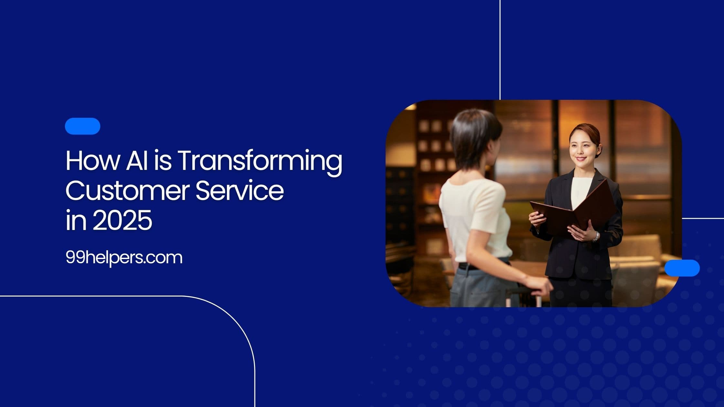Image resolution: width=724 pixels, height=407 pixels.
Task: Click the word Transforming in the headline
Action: [260, 162]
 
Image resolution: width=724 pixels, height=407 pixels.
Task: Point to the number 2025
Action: [122, 221]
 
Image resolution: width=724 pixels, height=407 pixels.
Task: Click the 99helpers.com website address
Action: [124, 258]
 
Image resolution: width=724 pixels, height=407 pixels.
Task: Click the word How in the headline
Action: [92, 161]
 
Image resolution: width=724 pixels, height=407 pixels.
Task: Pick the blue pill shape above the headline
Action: [82, 126]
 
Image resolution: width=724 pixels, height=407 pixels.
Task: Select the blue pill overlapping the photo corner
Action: [682, 268]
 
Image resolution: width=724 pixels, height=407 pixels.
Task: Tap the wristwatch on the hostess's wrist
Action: [595, 237]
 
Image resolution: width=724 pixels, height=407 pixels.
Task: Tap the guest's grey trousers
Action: [478, 287]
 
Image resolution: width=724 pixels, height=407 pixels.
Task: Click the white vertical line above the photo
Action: [500, 48]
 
